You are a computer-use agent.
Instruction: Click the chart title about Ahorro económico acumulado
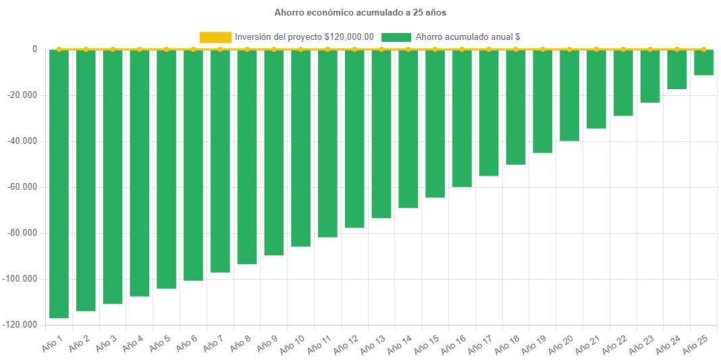(x=360, y=12)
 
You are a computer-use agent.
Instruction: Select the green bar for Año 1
(x=59, y=182)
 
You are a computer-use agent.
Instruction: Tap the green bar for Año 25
(x=703, y=62)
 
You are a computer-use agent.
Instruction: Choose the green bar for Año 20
(x=569, y=95)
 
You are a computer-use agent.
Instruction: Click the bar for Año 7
(x=220, y=161)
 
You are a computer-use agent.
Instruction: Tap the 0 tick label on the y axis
(x=34, y=49)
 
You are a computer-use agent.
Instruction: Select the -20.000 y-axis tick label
(x=24, y=95)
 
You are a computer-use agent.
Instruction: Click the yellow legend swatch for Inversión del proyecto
(x=215, y=37)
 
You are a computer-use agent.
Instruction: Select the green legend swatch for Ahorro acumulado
(x=396, y=37)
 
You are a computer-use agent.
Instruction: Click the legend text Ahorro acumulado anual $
(x=468, y=37)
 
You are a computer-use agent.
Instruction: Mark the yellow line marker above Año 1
(x=59, y=49)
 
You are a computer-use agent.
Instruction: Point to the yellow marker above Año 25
(x=703, y=49)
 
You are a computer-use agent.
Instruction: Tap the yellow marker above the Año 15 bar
(x=435, y=49)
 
